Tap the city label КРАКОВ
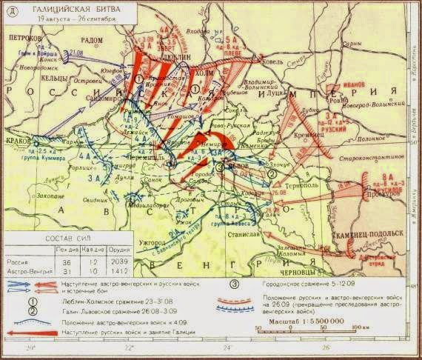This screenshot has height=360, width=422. click(16, 138)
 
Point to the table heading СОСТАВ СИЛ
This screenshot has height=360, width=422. click(63, 241)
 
